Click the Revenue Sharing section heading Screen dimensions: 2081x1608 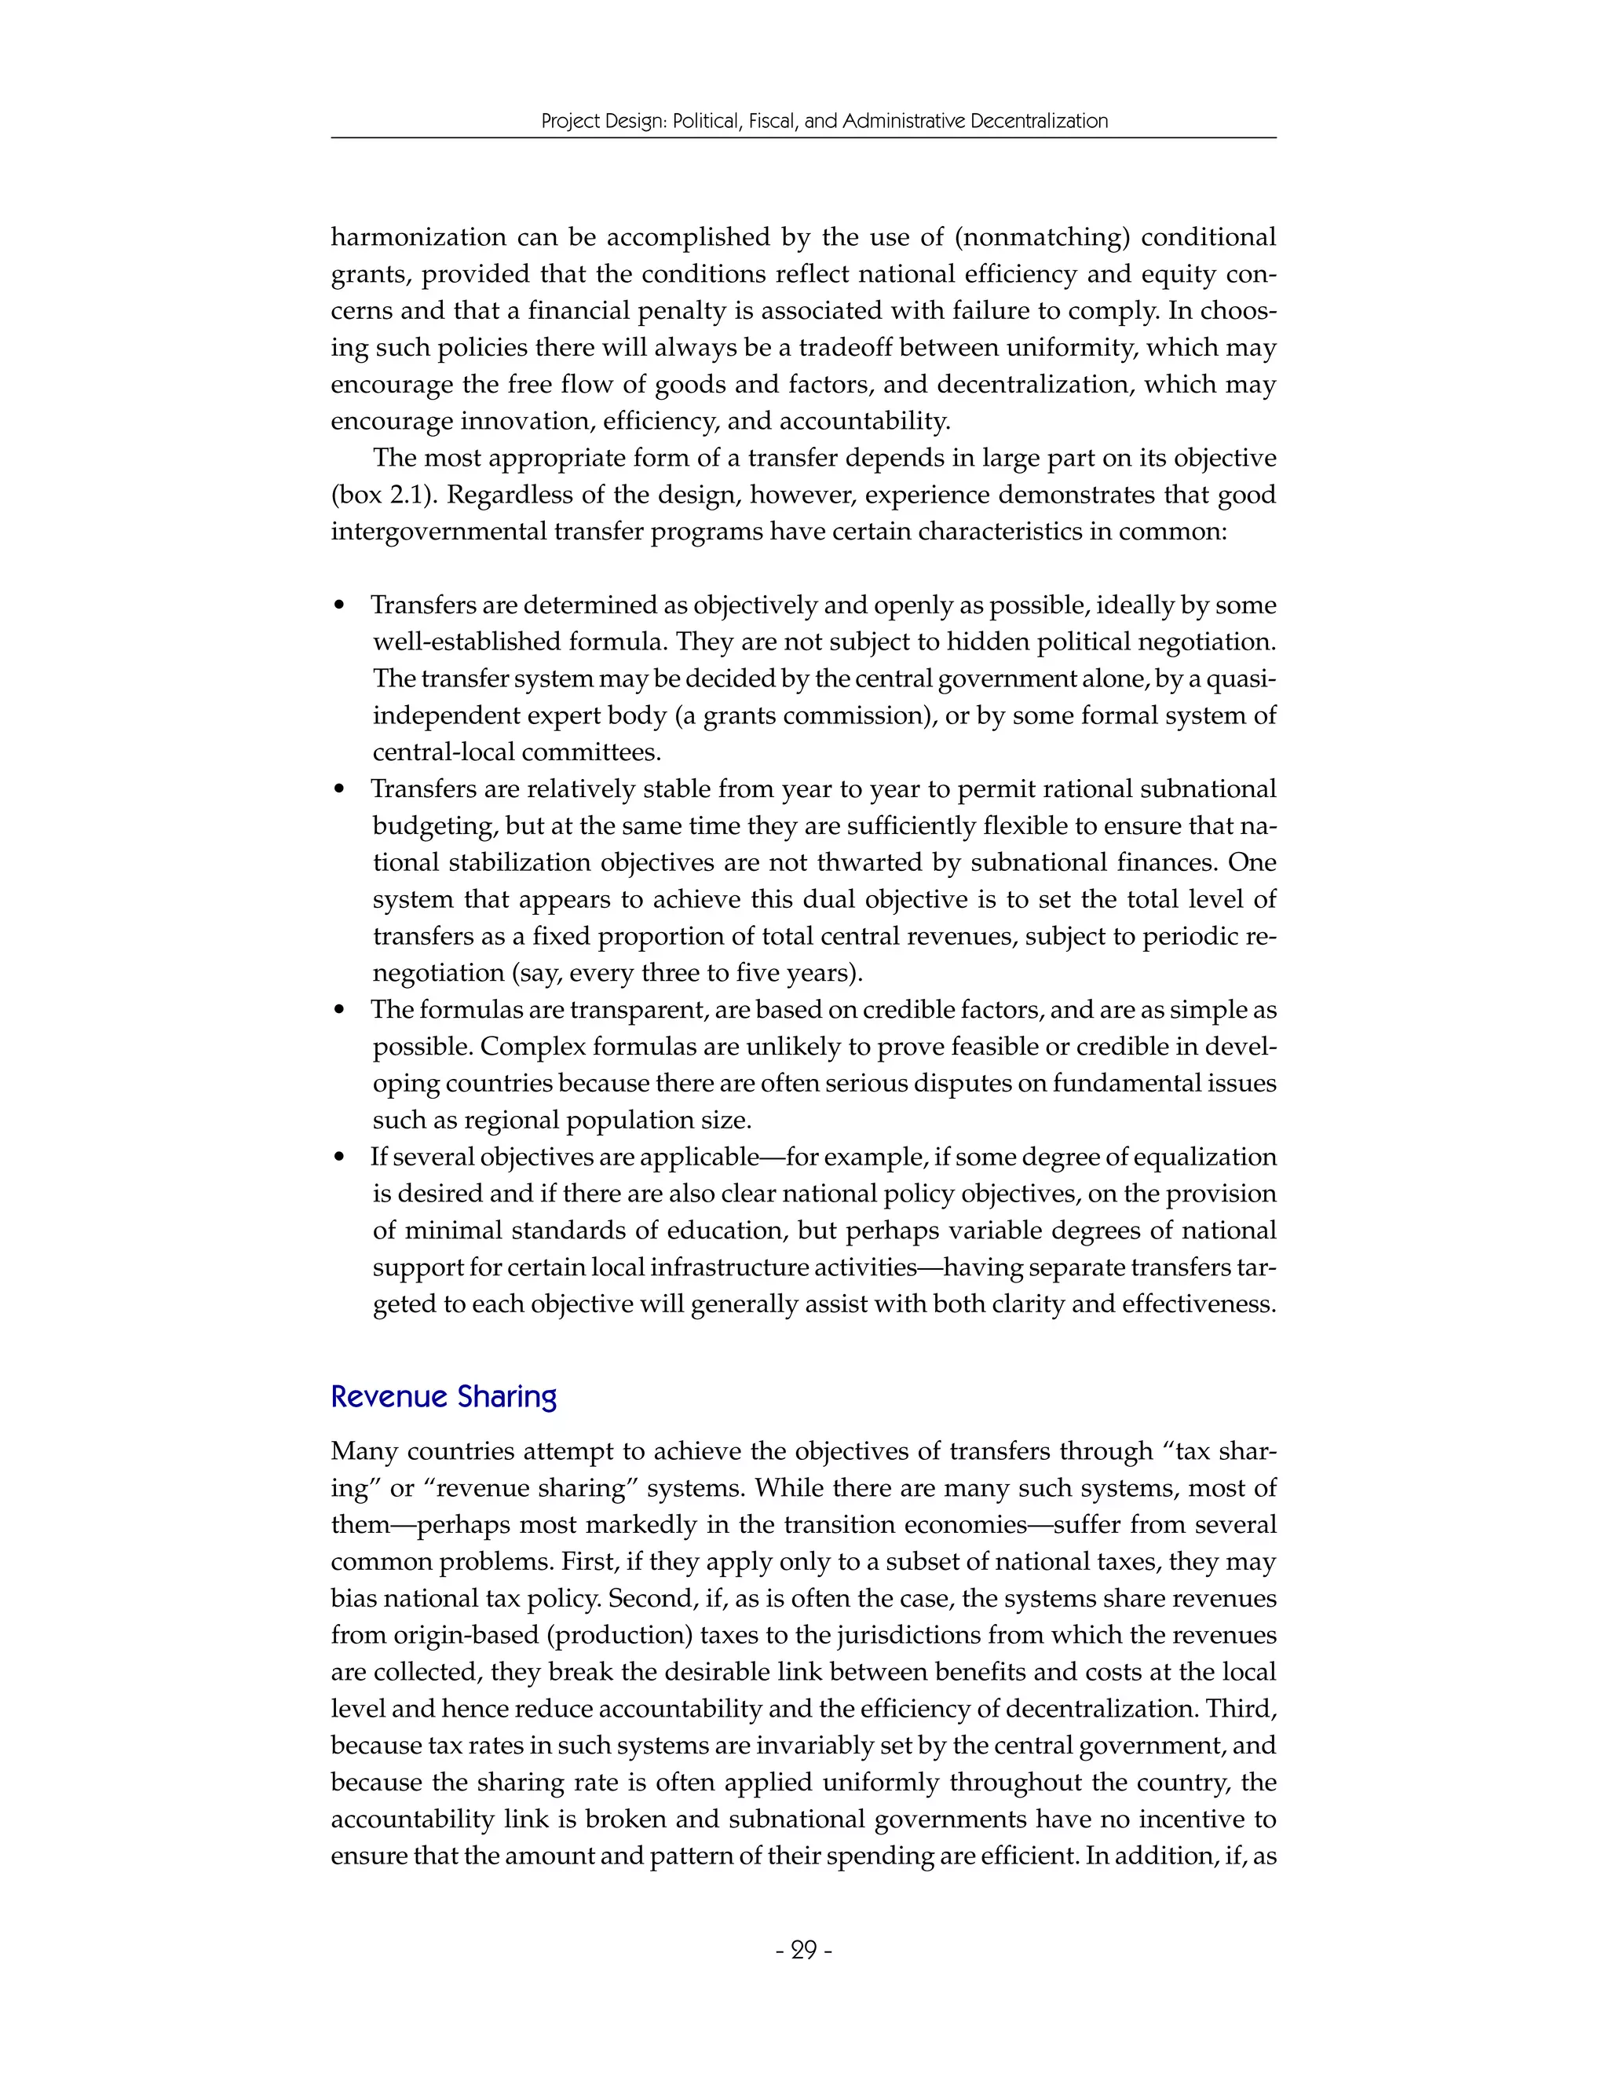(x=443, y=1396)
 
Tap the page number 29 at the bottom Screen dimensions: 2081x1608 (x=804, y=1951)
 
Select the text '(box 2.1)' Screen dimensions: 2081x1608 (x=374, y=495)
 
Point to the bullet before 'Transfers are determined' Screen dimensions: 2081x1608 (x=340, y=607)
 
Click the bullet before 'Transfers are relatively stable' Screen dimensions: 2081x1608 (x=340, y=791)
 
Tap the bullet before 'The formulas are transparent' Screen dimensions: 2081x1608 (x=340, y=1011)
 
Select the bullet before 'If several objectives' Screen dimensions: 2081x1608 (x=340, y=1158)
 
